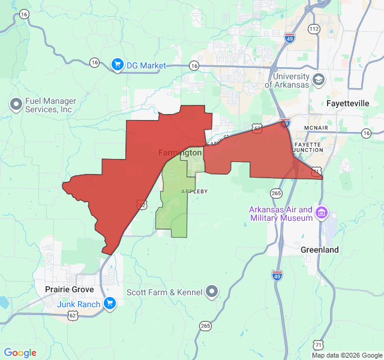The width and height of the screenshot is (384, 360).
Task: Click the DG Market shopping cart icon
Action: pyautogui.click(x=118, y=65)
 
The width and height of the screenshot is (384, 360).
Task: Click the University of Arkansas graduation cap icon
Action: pyautogui.click(x=319, y=80)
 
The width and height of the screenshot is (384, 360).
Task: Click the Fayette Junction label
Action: pyautogui.click(x=310, y=148)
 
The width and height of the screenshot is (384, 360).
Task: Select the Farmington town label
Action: pyautogui.click(x=180, y=153)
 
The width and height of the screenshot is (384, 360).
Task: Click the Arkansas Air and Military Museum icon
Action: pyautogui.click(x=322, y=212)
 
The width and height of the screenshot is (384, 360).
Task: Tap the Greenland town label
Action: pyautogui.click(x=320, y=250)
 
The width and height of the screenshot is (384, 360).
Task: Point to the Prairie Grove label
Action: pyautogui.click(x=69, y=289)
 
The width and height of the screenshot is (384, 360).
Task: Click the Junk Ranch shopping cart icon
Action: pyautogui.click(x=109, y=304)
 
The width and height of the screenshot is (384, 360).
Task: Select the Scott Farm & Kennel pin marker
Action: pyautogui.click(x=212, y=292)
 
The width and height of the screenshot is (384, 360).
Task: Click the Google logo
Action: pyautogui.click(x=20, y=353)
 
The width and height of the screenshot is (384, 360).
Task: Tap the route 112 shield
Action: pyautogui.click(x=313, y=29)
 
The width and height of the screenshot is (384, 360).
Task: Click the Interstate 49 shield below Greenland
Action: pyautogui.click(x=277, y=275)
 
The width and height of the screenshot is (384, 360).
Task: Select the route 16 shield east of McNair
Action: pyautogui.click(x=366, y=133)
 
